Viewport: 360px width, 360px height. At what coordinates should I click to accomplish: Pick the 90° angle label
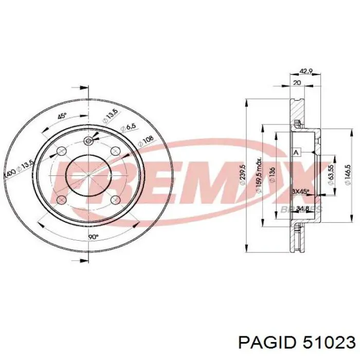tap(93, 238)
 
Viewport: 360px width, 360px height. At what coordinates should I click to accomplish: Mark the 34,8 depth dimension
tap(303, 208)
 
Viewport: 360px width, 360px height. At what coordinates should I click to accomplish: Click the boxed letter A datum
tap(296, 153)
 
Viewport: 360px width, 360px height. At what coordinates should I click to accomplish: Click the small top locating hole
tap(88, 140)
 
